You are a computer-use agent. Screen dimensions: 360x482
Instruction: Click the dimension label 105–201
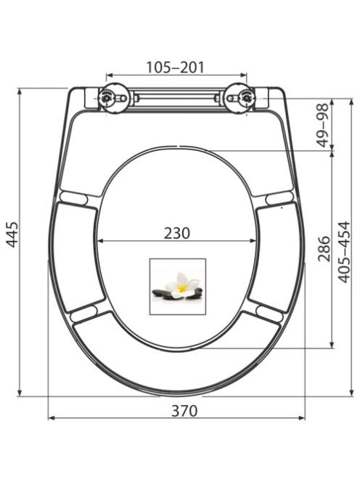[x=175, y=68]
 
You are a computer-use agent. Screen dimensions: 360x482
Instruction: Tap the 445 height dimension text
[x=13, y=234]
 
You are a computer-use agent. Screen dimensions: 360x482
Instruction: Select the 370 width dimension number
[x=184, y=411]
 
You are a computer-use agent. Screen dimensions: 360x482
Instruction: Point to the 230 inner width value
[x=177, y=233]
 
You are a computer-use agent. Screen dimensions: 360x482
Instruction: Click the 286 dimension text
[x=324, y=249]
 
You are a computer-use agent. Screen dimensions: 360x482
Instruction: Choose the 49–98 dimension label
[x=323, y=125]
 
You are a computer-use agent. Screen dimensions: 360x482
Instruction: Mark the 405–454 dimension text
[x=344, y=252]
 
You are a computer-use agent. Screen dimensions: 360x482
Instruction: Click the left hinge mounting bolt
[x=107, y=98]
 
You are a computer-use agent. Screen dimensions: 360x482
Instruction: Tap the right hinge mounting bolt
[x=247, y=98]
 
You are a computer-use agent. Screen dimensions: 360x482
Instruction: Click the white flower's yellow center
[x=182, y=288]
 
